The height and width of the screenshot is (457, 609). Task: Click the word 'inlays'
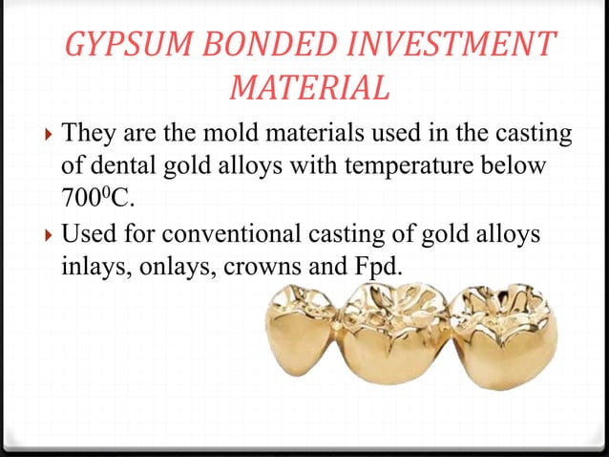[88, 269]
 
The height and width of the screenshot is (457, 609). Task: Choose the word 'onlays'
[178, 269]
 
